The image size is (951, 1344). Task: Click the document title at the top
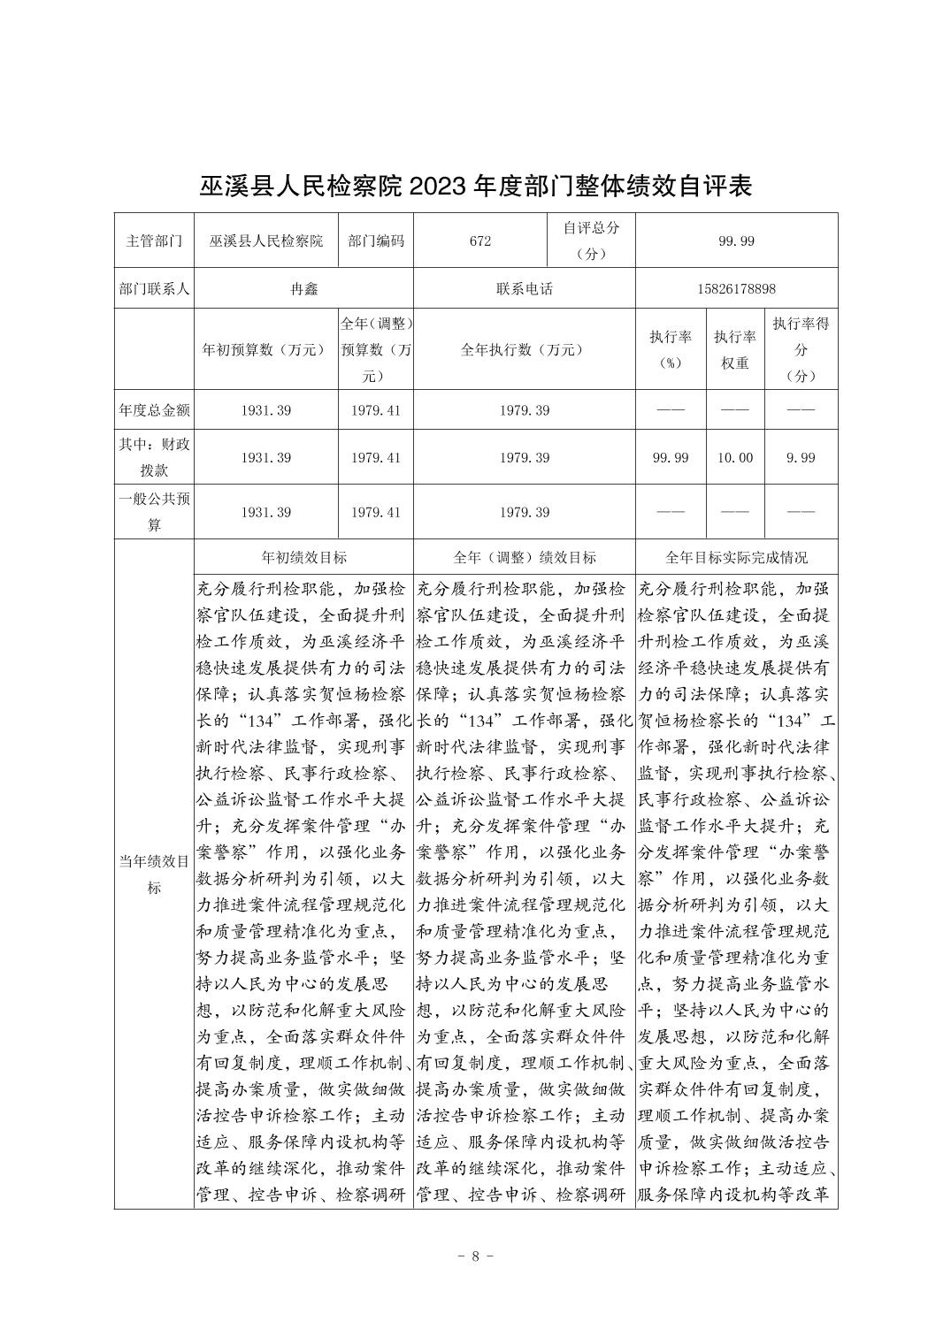tap(475, 187)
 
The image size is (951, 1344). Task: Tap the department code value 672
tap(480, 241)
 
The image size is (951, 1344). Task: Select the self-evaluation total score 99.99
tap(736, 241)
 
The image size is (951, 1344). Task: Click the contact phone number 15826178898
tap(736, 289)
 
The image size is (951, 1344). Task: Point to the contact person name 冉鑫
tap(303, 289)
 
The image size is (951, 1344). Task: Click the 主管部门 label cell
tap(154, 241)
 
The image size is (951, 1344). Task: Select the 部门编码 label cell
tap(376, 241)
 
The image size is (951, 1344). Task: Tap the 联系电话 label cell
tap(524, 289)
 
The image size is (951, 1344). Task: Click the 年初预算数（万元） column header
tap(265, 349)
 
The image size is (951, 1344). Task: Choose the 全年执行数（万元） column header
tap(524, 349)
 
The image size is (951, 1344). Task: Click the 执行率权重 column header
tap(736, 349)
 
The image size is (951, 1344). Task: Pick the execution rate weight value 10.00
tap(736, 457)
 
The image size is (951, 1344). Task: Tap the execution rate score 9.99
tap(801, 457)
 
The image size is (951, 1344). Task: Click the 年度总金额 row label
tap(154, 410)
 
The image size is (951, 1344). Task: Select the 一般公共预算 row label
tap(154, 512)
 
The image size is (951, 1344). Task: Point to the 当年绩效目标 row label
tap(154, 874)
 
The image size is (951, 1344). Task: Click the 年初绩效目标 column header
tap(303, 557)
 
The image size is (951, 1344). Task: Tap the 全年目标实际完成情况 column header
tap(736, 557)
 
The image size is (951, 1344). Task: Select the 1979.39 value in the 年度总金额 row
tap(524, 410)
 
